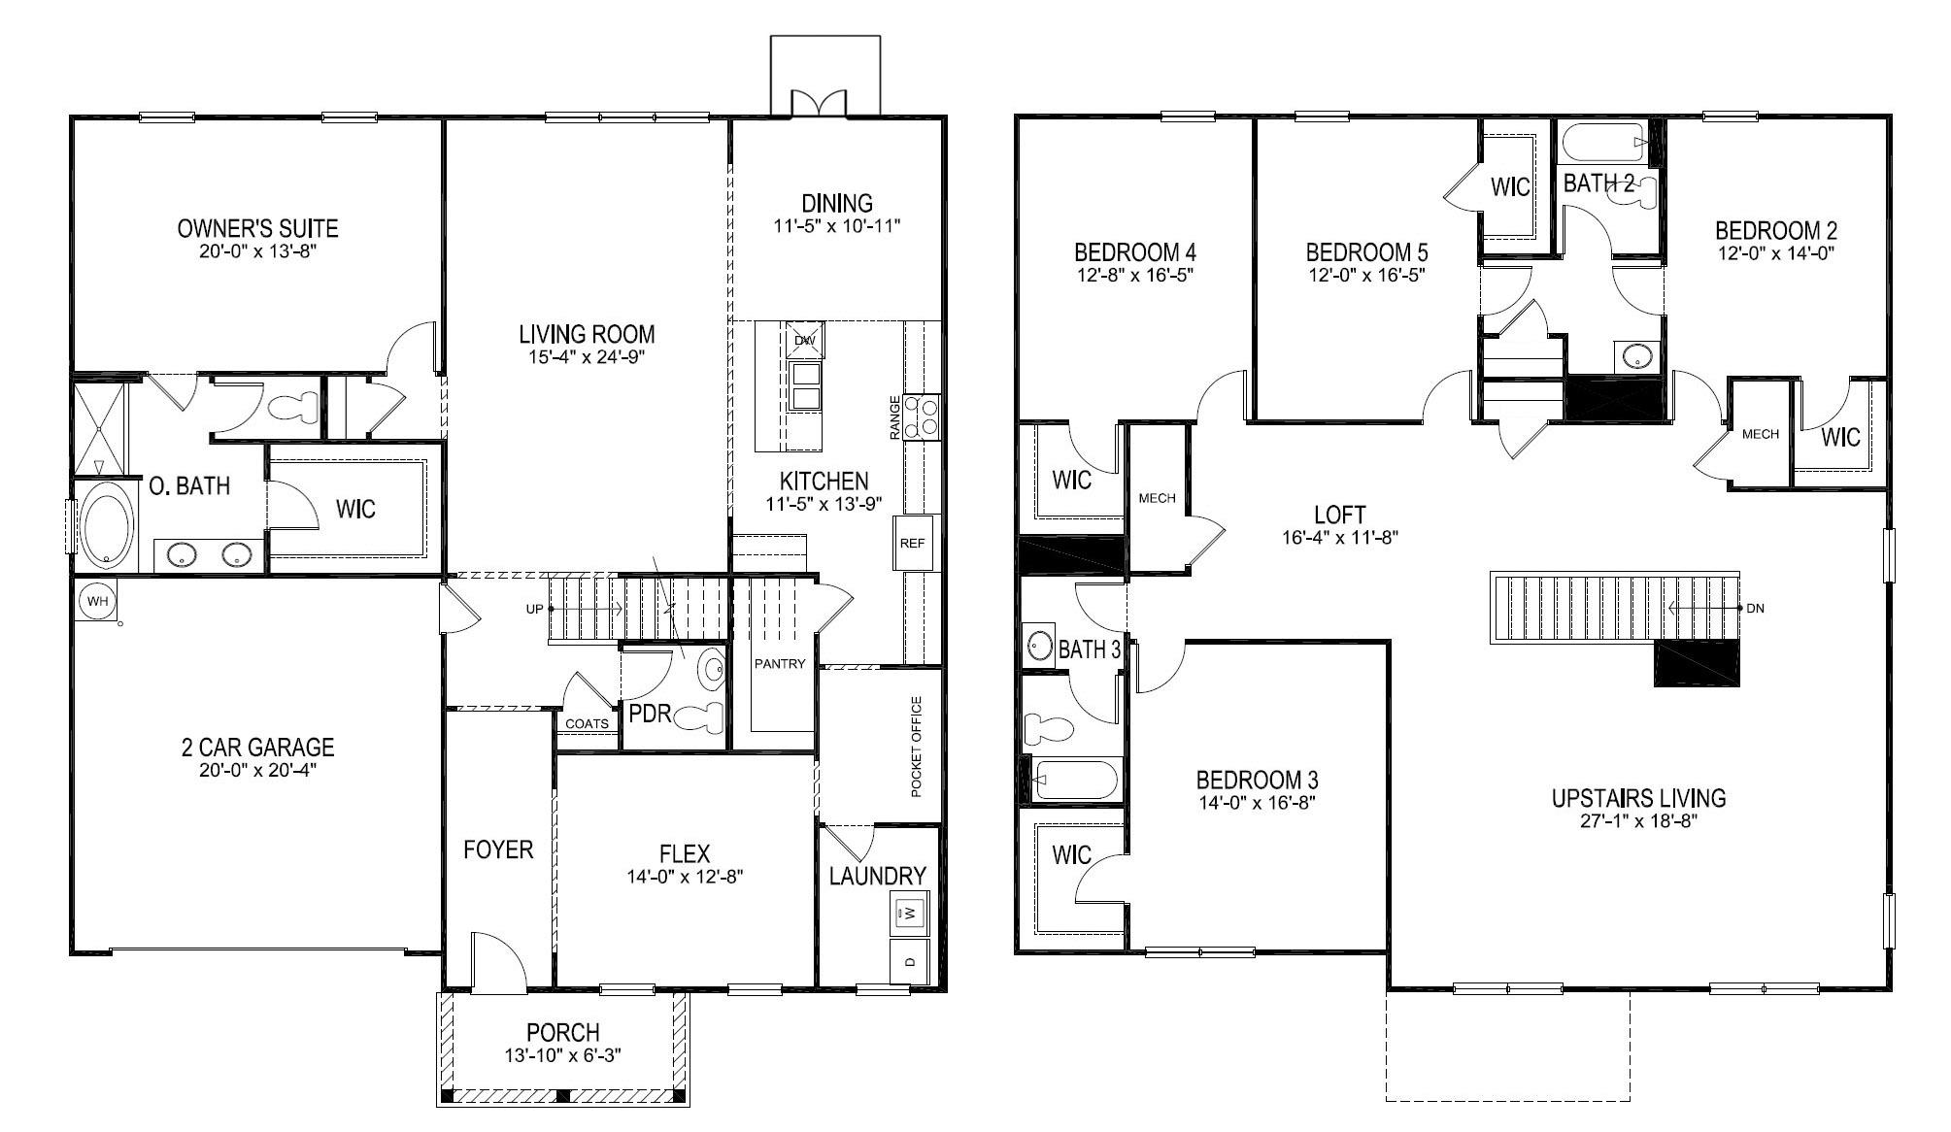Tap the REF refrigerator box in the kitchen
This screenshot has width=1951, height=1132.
912,544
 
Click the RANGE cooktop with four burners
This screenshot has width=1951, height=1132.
922,417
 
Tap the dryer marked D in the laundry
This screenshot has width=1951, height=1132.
910,962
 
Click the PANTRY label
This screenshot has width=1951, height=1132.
780,664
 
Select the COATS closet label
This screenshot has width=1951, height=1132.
587,723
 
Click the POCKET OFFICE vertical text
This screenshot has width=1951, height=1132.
916,747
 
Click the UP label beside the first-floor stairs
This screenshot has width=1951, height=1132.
534,610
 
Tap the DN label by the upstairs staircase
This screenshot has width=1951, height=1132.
1755,609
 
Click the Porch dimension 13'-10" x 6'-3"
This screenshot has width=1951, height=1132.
563,1055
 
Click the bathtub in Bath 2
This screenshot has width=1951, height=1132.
1604,144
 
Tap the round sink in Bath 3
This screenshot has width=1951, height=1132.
1040,646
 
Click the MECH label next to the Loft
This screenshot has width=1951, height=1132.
1157,498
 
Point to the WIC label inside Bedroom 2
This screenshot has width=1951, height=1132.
1840,437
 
